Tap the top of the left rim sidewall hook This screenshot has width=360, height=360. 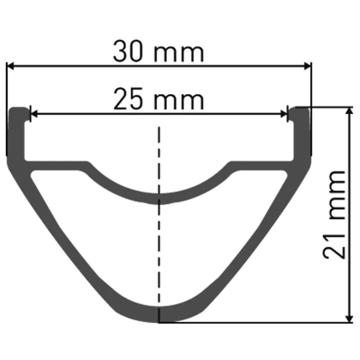pyautogui.click(x=17, y=109)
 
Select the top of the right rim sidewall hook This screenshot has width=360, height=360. pyautogui.click(x=300, y=109)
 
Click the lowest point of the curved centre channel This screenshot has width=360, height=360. pyautogui.click(x=159, y=198)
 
